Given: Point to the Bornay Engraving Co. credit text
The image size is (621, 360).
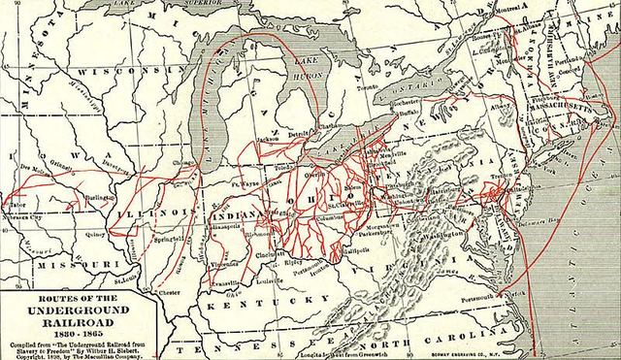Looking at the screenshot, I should (460, 347).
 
